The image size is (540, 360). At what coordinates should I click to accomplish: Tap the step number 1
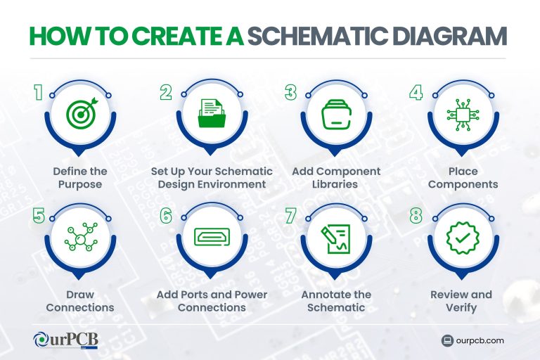coord(39,93)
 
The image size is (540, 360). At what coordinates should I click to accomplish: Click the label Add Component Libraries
coord(335,178)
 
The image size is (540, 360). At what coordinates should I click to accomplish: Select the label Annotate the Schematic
coord(335,300)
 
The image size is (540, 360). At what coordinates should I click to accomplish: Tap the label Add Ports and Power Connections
coord(212,300)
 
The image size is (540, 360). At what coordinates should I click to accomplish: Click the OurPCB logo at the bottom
coord(66,340)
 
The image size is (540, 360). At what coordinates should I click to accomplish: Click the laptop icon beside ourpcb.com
coord(446,340)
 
